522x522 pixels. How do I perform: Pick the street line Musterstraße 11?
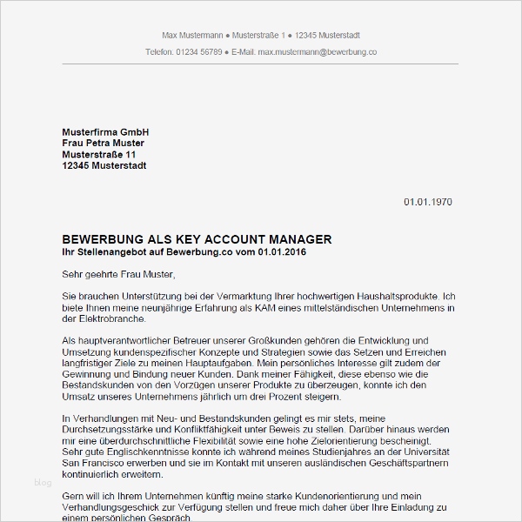click(99, 154)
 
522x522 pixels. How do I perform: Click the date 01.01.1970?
click(427, 202)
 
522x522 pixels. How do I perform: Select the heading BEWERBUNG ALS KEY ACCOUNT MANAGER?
click(197, 239)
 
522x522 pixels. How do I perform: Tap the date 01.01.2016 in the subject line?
click(280, 252)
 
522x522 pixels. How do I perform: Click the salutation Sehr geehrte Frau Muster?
click(118, 275)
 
